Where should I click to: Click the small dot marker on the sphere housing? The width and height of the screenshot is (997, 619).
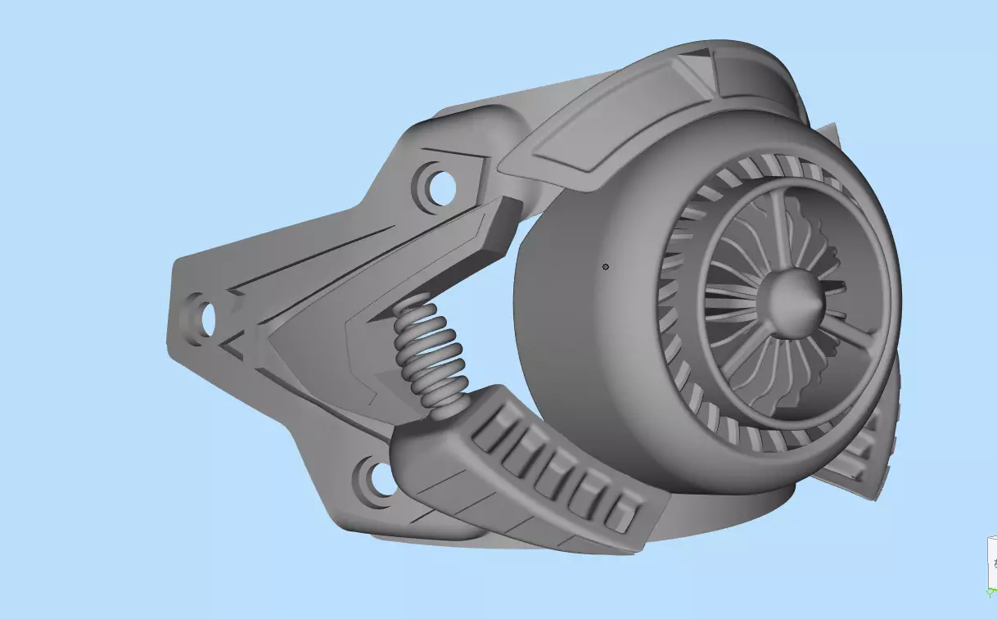pos(606,267)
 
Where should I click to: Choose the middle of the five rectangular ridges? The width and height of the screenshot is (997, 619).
pos(556,472)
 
